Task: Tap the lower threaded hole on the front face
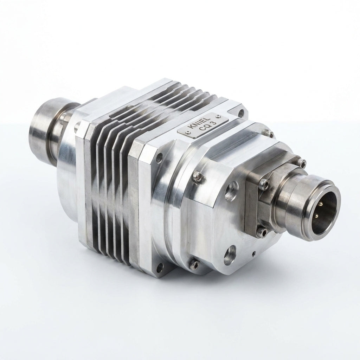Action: click(230, 254)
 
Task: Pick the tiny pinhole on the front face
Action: click(253, 254)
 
